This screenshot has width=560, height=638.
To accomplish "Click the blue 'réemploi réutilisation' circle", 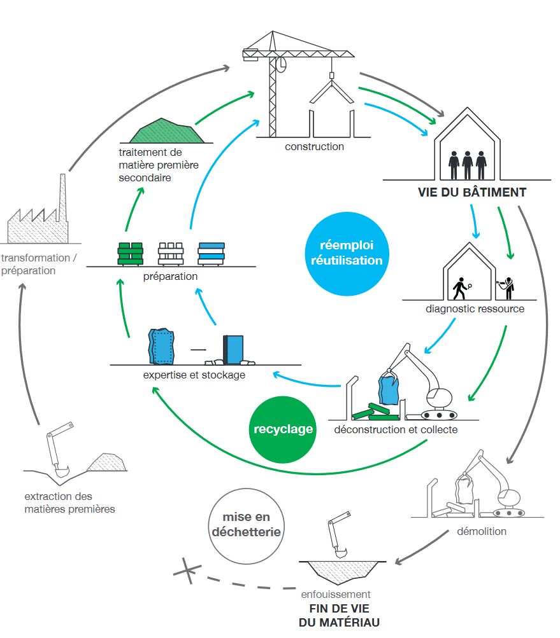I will click(x=346, y=253).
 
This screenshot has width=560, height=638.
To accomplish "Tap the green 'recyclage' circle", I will click(x=283, y=429).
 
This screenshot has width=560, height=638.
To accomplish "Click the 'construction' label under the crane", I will click(x=314, y=147).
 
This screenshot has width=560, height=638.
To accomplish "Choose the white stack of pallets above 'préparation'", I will click(x=171, y=254).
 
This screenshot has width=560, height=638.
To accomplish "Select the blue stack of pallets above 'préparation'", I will click(x=212, y=254).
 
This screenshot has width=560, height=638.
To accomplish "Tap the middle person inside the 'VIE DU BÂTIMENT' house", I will click(x=468, y=164).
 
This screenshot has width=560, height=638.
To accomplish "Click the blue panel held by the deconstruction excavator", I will click(x=388, y=389).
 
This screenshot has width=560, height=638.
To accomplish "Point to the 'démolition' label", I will click(x=482, y=531).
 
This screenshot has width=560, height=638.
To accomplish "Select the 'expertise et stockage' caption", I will click(x=194, y=375).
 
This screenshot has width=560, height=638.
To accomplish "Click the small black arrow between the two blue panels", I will click(x=199, y=349).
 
